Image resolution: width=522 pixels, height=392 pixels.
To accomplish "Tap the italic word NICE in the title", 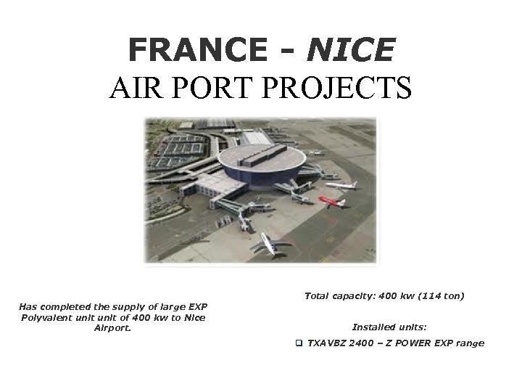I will click(x=351, y=49).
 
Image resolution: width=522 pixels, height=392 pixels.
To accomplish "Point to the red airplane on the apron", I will click(x=333, y=201).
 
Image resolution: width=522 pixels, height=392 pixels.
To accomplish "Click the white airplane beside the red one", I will click(x=341, y=184).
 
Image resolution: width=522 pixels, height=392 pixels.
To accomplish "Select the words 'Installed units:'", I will click(x=384, y=327).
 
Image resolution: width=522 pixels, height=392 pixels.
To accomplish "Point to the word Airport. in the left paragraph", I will click(x=112, y=327).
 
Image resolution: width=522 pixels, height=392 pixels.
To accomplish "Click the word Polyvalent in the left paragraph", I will click(x=47, y=317).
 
